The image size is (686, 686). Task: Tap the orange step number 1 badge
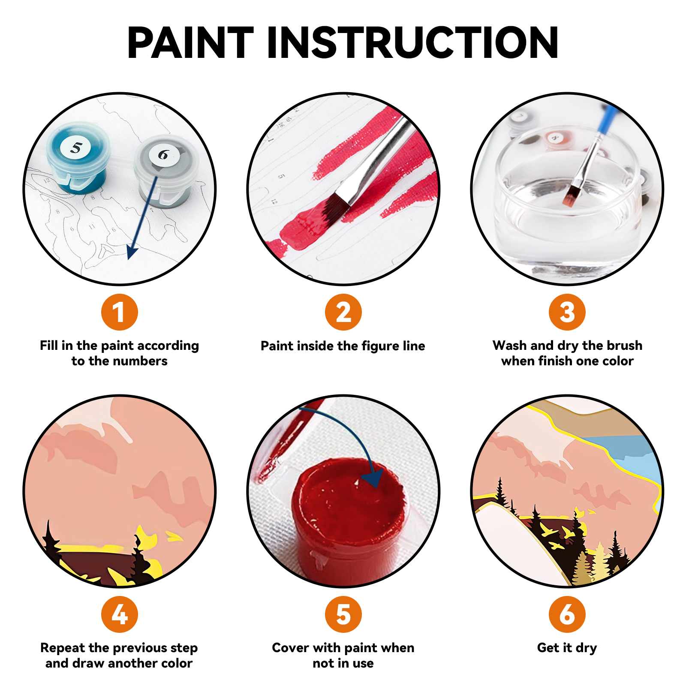(120, 312)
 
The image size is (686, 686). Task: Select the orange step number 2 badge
(343, 312)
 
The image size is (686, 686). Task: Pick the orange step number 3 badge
(567, 312)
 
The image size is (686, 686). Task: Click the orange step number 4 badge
(120, 614)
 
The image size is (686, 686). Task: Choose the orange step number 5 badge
(343, 614)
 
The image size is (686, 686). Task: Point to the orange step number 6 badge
(567, 614)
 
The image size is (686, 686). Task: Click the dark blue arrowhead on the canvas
(132, 252)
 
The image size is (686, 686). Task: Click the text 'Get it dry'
(567, 647)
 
